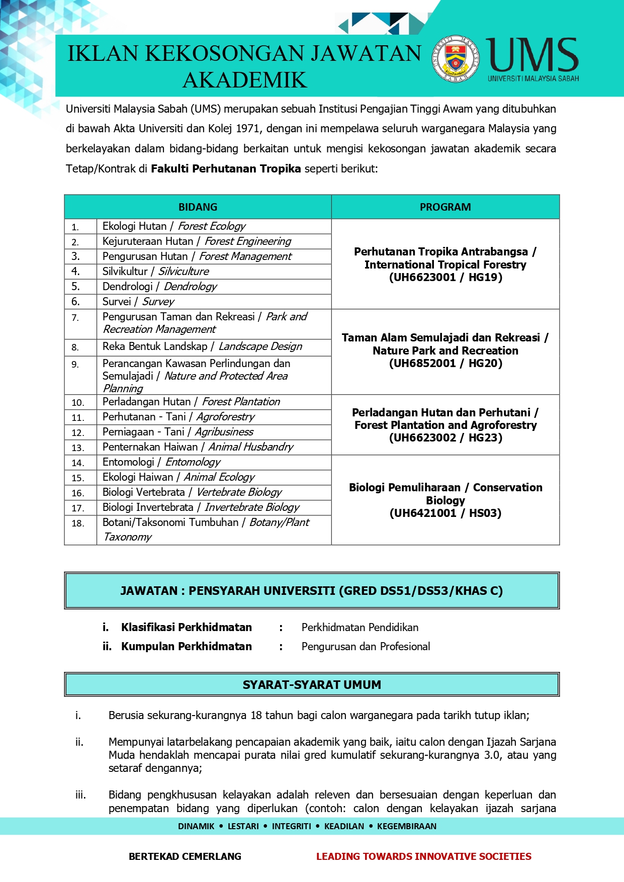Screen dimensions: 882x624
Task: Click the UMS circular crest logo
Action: pos(456,59)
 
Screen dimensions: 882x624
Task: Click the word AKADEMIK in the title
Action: pos(244,80)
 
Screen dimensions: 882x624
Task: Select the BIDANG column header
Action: pos(198,207)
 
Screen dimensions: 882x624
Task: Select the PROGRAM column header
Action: pos(445,207)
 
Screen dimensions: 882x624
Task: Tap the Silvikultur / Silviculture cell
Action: pos(155,272)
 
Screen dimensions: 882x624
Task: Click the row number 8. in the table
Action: pos(75,347)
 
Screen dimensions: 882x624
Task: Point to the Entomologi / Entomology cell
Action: pos(161,462)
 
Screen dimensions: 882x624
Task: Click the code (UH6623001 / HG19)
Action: pos(445,278)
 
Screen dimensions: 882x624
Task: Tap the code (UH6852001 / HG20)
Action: pos(445,364)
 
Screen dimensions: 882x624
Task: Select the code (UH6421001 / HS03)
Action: pos(445,513)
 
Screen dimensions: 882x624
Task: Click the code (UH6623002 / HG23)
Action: pos(445,438)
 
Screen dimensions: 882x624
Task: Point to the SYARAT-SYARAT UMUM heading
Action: pos(312,685)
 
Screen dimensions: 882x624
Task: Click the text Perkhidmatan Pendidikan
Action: pos(360,628)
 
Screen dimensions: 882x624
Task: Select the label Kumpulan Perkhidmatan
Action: pos(186,647)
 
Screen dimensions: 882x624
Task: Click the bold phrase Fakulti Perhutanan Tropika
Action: pos(226,169)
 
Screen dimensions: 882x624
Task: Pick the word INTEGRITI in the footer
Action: pos(292,826)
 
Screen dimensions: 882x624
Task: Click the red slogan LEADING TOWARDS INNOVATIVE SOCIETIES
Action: pos(423,856)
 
